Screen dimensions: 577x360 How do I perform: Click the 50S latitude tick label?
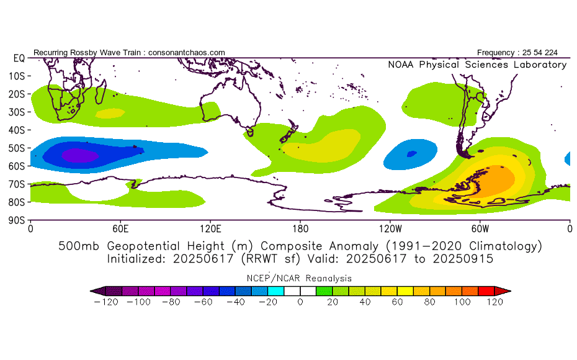(x=16, y=148)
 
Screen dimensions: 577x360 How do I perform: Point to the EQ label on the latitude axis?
(x=19, y=58)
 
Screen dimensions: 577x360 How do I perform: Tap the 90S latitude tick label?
(x=16, y=220)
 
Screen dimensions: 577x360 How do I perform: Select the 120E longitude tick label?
(x=210, y=229)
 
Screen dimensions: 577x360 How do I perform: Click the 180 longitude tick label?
(x=300, y=229)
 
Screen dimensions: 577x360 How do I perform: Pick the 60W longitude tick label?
(x=480, y=229)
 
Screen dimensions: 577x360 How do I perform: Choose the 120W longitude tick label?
(x=390, y=229)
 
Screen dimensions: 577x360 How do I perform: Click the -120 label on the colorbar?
(x=106, y=302)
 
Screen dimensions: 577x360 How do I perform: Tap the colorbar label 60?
(x=398, y=302)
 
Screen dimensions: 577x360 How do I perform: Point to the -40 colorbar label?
(x=236, y=302)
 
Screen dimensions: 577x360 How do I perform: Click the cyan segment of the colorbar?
(x=276, y=291)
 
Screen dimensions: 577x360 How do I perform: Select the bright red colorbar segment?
(x=486, y=291)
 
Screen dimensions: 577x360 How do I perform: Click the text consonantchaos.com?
(x=187, y=53)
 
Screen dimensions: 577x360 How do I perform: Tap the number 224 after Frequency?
(x=551, y=53)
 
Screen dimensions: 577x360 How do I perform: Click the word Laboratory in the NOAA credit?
(x=540, y=65)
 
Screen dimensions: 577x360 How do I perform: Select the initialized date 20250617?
(x=203, y=259)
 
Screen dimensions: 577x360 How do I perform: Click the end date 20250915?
(x=463, y=259)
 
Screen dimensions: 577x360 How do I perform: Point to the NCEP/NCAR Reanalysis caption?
(x=299, y=278)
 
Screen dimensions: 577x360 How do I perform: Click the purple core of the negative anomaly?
(x=80, y=155)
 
